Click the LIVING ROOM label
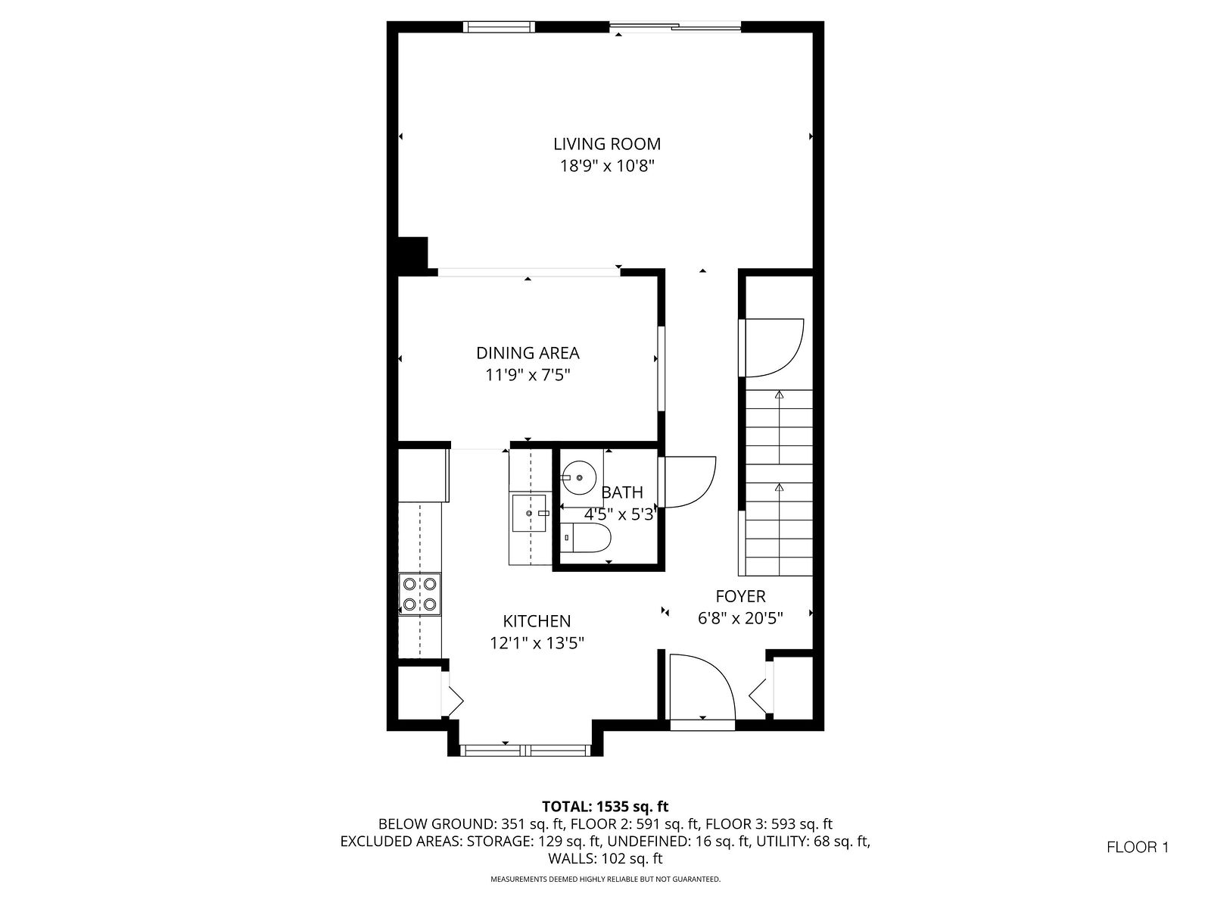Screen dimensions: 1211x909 607,144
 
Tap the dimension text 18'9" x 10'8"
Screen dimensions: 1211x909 607,166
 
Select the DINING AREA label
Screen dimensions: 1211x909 528,353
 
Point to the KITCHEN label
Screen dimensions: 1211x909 537,621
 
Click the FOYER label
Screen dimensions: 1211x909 740,596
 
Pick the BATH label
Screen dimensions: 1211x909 622,492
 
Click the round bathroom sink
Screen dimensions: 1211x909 579,477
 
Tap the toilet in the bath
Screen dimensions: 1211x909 587,538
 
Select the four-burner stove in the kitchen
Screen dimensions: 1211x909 420,594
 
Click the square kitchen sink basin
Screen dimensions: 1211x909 529,514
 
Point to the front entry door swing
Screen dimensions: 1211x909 702,686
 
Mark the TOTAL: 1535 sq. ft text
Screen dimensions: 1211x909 605,807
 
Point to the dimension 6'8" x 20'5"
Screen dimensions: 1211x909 740,618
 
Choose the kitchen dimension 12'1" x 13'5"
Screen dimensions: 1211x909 537,644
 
